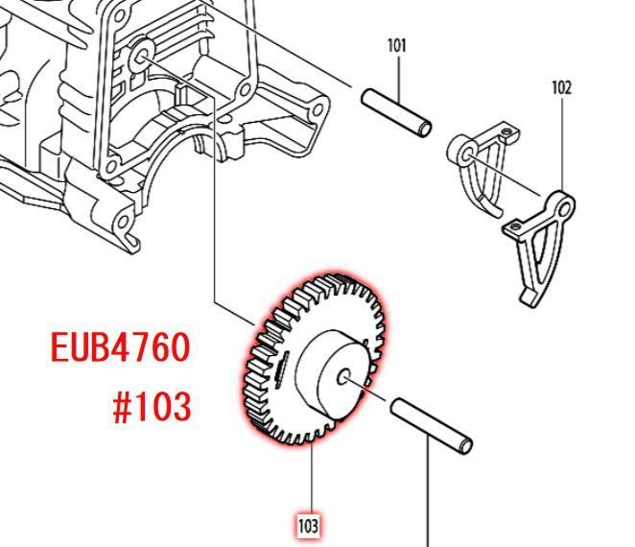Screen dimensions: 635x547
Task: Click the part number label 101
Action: [396, 46]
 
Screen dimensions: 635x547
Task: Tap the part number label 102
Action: [562, 88]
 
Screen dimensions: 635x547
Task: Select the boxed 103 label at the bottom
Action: [308, 526]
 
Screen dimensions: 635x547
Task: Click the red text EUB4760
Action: [120, 346]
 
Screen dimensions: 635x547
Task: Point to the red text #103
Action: [152, 407]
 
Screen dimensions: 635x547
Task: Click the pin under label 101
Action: [396, 112]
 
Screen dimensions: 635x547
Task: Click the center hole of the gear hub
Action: [343, 377]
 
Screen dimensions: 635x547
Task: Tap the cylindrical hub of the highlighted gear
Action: [332, 375]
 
